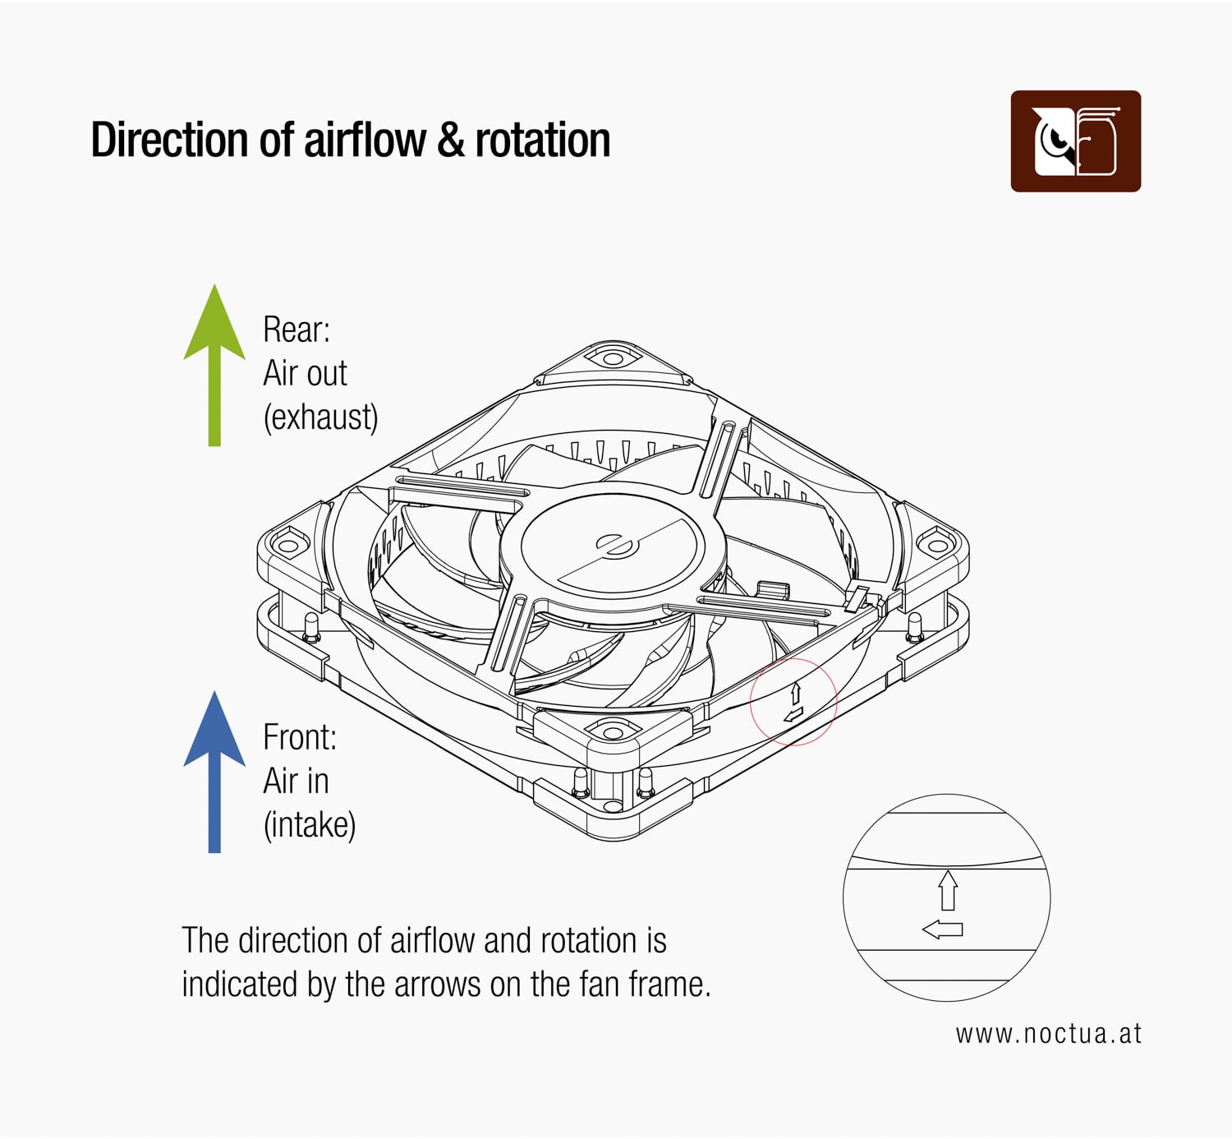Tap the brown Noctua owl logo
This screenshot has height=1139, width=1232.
click(x=1075, y=141)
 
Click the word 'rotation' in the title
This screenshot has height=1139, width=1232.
click(x=542, y=141)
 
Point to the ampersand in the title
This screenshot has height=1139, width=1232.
click(x=450, y=141)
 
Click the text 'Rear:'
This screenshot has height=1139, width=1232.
click(x=296, y=330)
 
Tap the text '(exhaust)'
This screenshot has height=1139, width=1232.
click(x=320, y=417)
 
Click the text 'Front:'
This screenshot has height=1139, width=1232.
click(x=300, y=737)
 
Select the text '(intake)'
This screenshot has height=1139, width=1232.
click(x=310, y=824)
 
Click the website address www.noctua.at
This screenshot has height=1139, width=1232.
click(x=1048, y=1034)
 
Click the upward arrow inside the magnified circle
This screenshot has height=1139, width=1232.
click(x=948, y=890)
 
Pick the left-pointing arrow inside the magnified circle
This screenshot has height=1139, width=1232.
click(x=942, y=930)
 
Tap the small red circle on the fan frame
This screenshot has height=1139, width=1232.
click(x=793, y=701)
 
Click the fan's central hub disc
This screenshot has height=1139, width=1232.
click(x=613, y=546)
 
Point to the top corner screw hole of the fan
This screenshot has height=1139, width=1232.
click(x=613, y=359)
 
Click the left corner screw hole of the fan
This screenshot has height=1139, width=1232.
click(x=287, y=545)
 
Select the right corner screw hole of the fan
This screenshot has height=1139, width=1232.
click(x=935, y=544)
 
